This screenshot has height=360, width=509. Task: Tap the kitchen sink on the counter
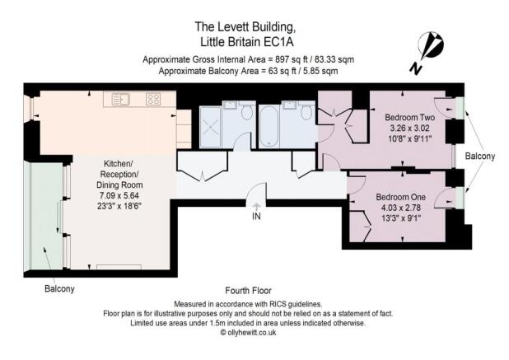pyautogui.click(x=122, y=100)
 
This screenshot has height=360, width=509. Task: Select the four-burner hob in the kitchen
pyautogui.click(x=153, y=100)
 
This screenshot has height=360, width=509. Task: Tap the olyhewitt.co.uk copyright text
pyautogui.click(x=254, y=333)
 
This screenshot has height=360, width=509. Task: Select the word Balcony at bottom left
pyautogui.click(x=59, y=288)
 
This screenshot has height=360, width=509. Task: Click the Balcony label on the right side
pyautogui.click(x=481, y=156)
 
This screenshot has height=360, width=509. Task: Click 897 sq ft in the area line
pyautogui.click(x=286, y=59)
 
